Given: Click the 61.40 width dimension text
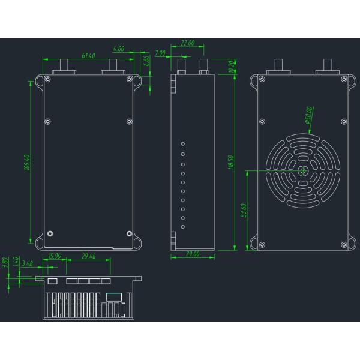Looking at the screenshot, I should point(89,55).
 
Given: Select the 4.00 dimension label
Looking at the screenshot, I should point(119,49).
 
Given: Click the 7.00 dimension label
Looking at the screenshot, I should point(160,53).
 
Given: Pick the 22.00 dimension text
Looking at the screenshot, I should point(187,43).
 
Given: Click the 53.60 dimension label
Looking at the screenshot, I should point(243,211).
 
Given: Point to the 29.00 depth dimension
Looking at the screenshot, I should point(192,255).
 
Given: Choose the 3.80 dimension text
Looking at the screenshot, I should point(5,262).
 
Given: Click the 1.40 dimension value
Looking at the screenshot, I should point(14,264).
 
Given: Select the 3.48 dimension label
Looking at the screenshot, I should point(27,263).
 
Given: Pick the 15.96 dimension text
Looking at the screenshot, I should point(55,257).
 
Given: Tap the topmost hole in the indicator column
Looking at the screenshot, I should point(183,144).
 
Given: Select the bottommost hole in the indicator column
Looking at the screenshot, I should point(183,227).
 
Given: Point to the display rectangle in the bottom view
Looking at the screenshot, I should point(113,296).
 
